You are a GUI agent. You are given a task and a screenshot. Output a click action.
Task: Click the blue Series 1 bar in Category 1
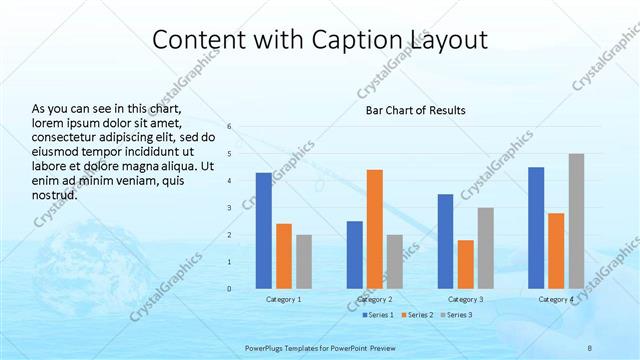pyautogui.click(x=263, y=230)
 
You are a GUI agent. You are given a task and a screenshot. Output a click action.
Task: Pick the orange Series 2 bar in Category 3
pyautogui.click(x=465, y=264)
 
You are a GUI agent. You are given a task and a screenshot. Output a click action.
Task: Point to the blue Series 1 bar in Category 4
pyautogui.click(x=536, y=227)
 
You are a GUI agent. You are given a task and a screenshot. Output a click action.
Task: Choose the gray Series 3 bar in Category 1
pyautogui.click(x=304, y=261)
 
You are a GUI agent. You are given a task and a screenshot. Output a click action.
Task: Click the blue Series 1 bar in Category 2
pyautogui.click(x=354, y=254)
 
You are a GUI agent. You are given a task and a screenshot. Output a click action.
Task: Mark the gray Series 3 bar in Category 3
pyautogui.click(x=485, y=247)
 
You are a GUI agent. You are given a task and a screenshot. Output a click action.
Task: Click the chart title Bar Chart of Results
pyautogui.click(x=415, y=110)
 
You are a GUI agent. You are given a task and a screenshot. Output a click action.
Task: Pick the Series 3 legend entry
pyautogui.click(x=455, y=315)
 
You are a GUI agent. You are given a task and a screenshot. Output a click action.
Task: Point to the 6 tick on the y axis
pyautogui.click(x=229, y=126)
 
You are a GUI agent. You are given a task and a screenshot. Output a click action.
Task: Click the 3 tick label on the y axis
pyautogui.click(x=229, y=207)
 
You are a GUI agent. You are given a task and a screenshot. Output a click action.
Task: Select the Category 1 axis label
pyautogui.click(x=284, y=299)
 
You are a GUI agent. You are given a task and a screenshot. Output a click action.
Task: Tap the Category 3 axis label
pyautogui.click(x=465, y=299)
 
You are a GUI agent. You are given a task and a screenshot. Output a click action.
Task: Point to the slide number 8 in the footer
pyautogui.click(x=590, y=347)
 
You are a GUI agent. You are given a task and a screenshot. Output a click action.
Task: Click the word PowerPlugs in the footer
pyautogui.click(x=267, y=347)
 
